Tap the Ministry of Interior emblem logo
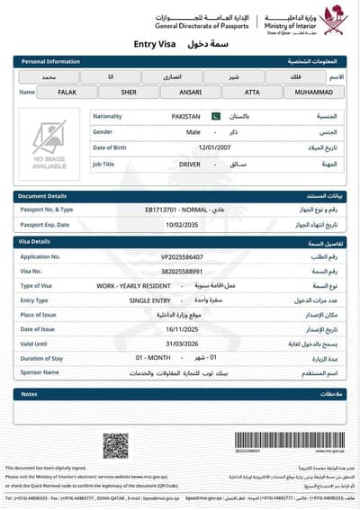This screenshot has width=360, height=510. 333,20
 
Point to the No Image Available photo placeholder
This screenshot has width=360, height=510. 49,145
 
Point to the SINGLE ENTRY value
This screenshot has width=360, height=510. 148,300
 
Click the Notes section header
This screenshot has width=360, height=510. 29,394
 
